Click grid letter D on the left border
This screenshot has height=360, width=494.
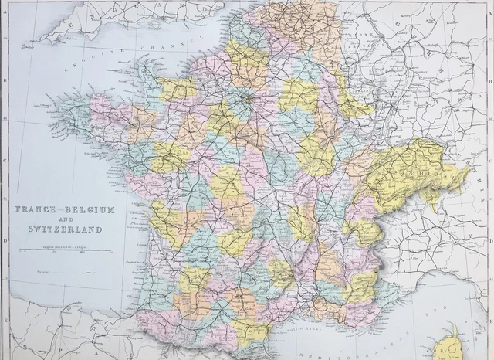tap(4, 239)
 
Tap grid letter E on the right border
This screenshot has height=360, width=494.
tap(490, 318)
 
